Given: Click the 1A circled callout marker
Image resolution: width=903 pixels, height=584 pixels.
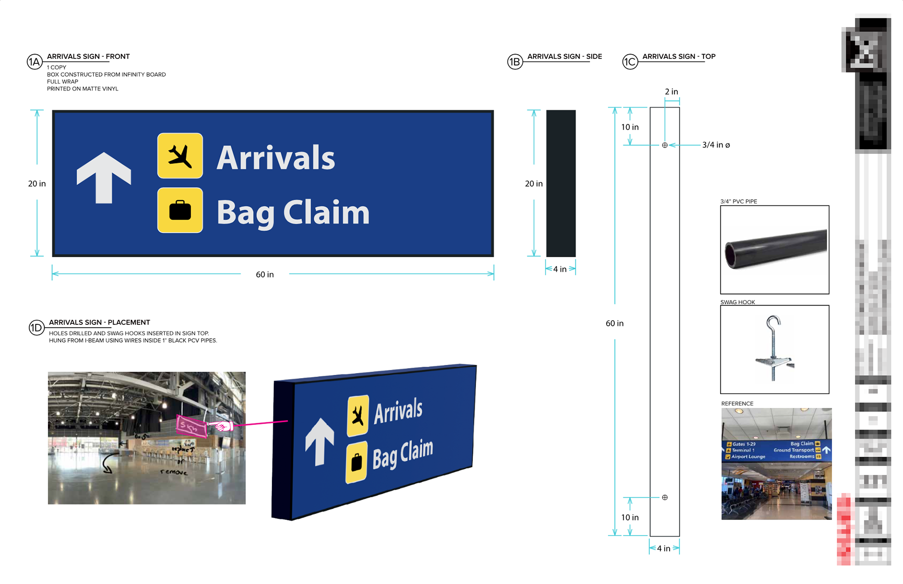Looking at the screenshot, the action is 34,62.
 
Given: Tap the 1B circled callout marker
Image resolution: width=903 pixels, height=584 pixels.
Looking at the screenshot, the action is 515,62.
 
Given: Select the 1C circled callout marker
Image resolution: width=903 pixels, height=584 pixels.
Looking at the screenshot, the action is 630,62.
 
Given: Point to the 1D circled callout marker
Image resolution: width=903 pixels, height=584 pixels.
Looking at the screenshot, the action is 36,328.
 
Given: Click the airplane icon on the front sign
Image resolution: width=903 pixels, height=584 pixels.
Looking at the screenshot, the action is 180,156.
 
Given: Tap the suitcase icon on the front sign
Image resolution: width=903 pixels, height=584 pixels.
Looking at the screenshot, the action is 180,210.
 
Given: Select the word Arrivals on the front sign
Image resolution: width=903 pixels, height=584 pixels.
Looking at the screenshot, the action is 276,158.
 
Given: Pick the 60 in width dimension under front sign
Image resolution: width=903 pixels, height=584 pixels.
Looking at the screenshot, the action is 265,274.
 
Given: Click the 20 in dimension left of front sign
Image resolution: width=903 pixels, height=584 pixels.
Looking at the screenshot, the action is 37,183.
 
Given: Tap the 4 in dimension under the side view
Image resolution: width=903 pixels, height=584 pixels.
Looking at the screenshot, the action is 560,269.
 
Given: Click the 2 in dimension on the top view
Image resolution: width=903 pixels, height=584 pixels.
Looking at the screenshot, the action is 671,92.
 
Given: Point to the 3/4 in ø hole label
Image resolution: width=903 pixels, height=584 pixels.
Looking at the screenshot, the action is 716,145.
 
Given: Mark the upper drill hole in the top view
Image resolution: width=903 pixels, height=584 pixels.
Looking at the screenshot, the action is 665,145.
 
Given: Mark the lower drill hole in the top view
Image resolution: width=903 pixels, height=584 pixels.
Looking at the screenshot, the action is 665,497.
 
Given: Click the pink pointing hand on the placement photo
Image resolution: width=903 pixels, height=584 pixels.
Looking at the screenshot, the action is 222,426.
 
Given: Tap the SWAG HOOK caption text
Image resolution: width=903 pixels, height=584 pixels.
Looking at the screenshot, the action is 737,302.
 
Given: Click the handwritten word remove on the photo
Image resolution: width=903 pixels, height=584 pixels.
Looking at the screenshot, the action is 174,472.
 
